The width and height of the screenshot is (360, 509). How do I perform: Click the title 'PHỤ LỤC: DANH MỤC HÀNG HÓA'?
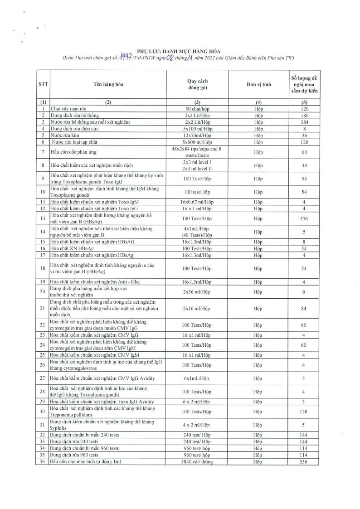[180, 51]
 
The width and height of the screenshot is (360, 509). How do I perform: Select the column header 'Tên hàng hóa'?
[108, 85]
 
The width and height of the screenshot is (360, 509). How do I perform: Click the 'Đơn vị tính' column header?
[258, 85]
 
